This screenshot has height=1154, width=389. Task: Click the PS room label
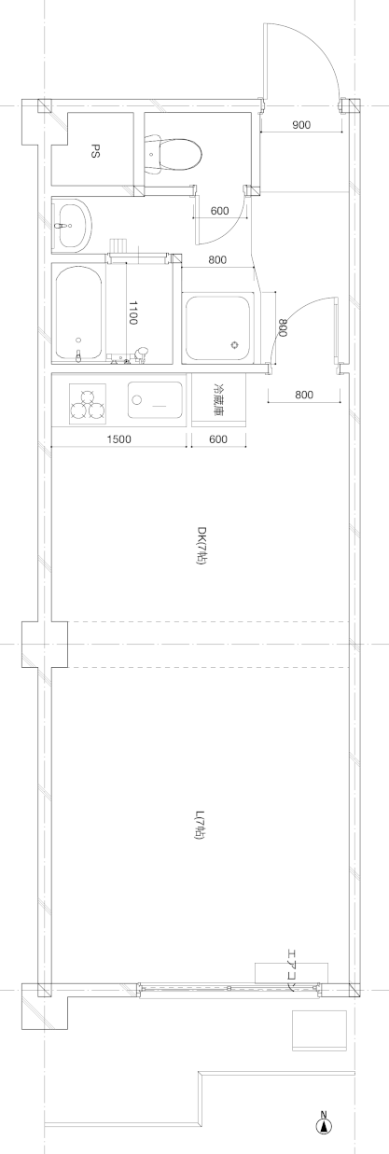[x=95, y=152]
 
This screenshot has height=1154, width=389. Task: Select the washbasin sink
[x=72, y=226]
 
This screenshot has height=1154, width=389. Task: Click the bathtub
[x=77, y=313]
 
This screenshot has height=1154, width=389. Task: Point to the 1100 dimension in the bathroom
[x=132, y=313]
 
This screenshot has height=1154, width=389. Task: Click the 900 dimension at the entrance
[x=301, y=125]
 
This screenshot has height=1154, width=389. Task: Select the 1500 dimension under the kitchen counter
[x=119, y=439]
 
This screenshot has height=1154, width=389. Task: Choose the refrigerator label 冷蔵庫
[x=219, y=399]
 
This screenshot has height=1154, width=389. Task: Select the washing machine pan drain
[x=235, y=344]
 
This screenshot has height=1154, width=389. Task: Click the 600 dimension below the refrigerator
[x=219, y=439]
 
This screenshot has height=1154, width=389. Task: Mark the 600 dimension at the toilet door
[x=220, y=210]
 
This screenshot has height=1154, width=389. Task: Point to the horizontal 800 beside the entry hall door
[x=304, y=396]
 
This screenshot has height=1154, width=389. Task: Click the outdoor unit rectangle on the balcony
[x=319, y=1031]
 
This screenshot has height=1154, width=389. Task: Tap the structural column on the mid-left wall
[x=44, y=644]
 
